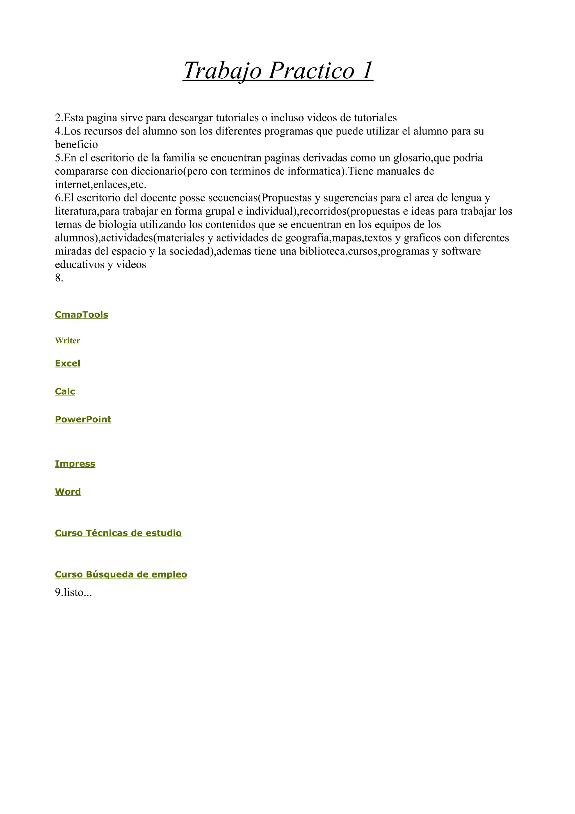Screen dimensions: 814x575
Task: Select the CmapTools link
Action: (81, 315)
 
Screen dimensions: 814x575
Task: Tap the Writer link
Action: (67, 340)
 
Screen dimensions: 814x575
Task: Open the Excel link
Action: (68, 363)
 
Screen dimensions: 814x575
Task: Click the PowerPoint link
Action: (83, 419)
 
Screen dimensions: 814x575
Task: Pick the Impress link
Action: (75, 464)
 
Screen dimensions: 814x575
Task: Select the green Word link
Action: (68, 492)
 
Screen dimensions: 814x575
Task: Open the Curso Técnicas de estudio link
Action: (118, 533)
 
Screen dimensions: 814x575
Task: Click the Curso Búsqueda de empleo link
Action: (121, 574)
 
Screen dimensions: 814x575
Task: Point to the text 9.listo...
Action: (73, 592)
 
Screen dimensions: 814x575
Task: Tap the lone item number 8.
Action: (59, 278)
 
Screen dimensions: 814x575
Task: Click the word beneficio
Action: (76, 145)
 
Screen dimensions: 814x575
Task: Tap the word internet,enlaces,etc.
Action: (101, 185)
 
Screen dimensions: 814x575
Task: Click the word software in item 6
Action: (460, 251)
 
